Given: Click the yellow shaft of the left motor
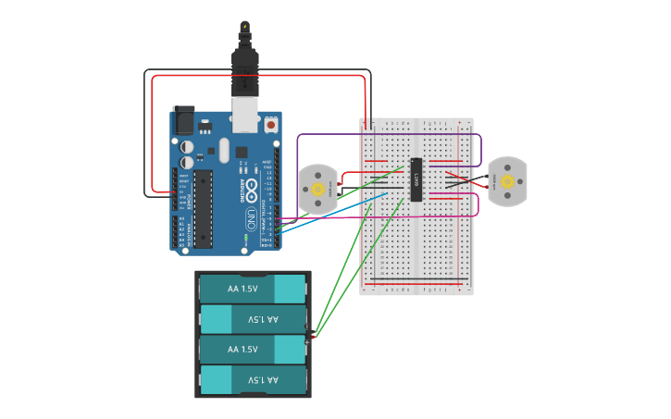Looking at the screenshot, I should point(317,189).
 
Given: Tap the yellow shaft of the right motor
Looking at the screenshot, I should point(507,180).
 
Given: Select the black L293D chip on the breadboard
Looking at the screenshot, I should point(416,179).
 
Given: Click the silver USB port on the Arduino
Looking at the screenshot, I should point(245,116).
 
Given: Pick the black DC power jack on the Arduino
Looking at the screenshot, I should point(183,121).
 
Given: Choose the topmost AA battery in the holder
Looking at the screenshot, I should point(252,289).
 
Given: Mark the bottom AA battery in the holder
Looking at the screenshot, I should point(252,380).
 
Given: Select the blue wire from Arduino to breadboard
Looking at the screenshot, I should point(333,209).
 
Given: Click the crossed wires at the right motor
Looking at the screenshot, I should point(459,180).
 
